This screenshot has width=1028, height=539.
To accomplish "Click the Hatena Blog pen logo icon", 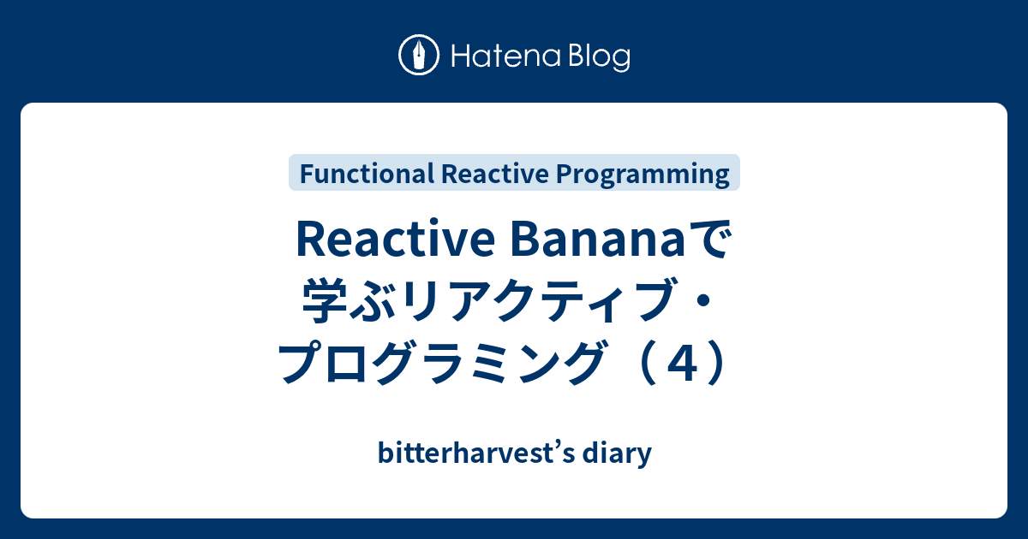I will point(420,56).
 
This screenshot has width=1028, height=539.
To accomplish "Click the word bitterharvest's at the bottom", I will point(475,453).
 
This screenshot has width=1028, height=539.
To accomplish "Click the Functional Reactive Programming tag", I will point(514,174).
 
